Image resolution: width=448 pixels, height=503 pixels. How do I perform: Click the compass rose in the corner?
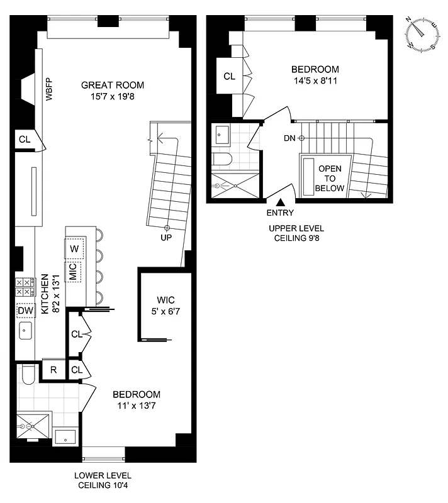tap(422, 35)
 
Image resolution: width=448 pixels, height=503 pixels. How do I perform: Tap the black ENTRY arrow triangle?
tap(280, 202)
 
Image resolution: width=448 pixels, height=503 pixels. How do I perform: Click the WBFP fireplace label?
tap(48, 90)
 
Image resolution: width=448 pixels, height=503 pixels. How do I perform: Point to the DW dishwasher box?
tap(26, 311)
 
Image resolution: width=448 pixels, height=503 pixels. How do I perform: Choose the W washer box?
tap(74, 248)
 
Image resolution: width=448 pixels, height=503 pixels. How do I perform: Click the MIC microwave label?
tap(73, 272)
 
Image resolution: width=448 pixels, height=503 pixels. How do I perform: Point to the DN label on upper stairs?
tap(289, 138)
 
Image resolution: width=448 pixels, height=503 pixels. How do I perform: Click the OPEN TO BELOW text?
tap(330, 179)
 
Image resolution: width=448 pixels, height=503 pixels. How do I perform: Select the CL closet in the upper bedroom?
tap(229, 76)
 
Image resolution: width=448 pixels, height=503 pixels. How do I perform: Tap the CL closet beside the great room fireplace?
tap(25, 140)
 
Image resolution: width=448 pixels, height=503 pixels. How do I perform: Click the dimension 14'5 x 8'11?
tap(315, 80)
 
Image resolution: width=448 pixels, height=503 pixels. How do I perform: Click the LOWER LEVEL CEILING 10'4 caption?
tap(104, 480)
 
